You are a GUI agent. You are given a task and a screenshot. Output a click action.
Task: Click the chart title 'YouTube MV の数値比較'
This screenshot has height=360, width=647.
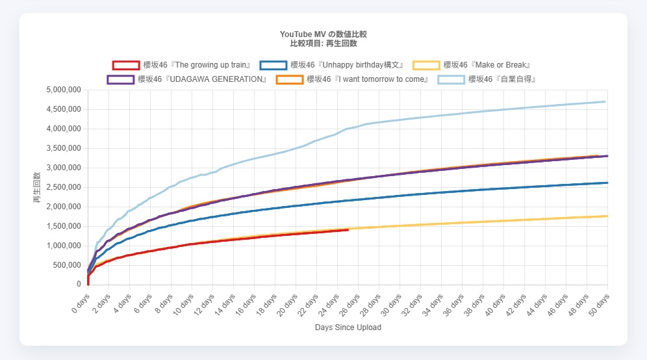coord(323,34)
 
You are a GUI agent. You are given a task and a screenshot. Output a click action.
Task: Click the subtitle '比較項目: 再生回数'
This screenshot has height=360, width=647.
coord(323,44)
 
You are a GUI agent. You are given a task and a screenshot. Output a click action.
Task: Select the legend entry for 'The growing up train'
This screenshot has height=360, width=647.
coord(181,65)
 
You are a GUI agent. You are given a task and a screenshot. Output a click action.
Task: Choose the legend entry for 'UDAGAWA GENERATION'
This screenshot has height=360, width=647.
coord(188,79)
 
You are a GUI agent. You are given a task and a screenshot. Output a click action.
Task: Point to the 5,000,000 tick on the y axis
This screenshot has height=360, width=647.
coord(62,90)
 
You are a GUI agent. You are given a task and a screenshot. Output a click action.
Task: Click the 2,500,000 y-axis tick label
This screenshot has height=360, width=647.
coord(62,187)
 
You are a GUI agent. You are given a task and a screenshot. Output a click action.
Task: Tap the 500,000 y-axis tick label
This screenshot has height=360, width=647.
coord(66,265)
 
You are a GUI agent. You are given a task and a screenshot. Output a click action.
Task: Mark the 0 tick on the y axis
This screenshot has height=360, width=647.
coord(77,285)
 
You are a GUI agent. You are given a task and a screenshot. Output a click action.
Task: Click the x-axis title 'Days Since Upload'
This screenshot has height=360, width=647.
coord(348,328)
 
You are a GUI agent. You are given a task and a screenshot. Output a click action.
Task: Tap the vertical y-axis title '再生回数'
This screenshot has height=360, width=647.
coord(37,187)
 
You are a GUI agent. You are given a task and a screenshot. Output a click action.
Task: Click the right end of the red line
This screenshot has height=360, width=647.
coord(348,229)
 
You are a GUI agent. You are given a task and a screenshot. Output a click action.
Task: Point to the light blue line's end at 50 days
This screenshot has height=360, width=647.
coord(605,101)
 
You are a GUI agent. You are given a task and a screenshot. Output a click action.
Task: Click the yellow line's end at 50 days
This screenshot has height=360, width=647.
coord(607,216)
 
